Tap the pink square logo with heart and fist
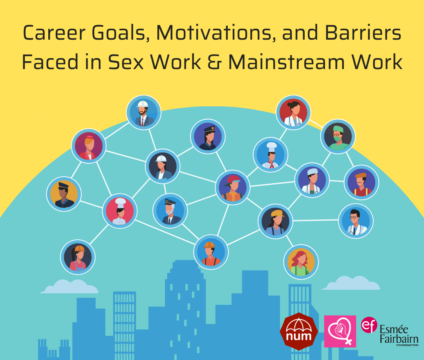pyautogui.click(x=340, y=331)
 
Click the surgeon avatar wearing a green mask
pyautogui.click(x=338, y=137)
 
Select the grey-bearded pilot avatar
pyautogui.click(x=170, y=211)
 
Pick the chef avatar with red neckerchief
pyautogui.click(x=270, y=155)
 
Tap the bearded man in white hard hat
pyautogui.click(x=143, y=112)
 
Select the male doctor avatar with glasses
pyautogui.click(x=356, y=221)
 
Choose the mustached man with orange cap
pyautogui.click(x=361, y=182)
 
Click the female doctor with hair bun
pyautogui.click(x=293, y=113)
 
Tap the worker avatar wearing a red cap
pyautogui.click(x=233, y=187)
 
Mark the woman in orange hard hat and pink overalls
pyautogui.click(x=78, y=257)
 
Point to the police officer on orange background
pyautogui.click(x=64, y=194)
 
